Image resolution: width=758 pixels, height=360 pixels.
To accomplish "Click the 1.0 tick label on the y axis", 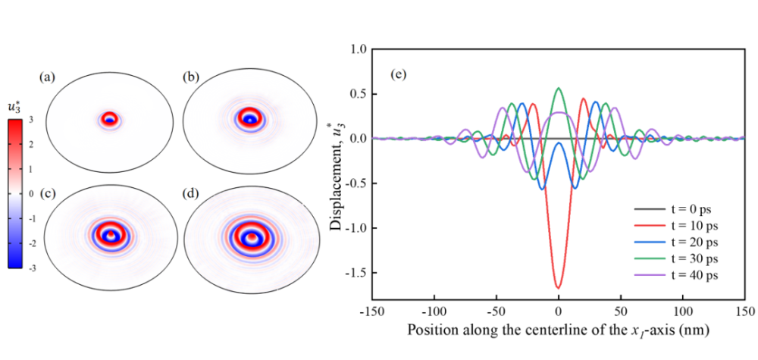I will coord(355,49).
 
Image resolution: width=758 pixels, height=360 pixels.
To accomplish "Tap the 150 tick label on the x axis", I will coord(744,311).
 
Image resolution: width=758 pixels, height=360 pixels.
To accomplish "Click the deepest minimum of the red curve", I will coord(558,287).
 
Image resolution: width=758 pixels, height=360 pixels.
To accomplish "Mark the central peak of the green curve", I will coord(559,88).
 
